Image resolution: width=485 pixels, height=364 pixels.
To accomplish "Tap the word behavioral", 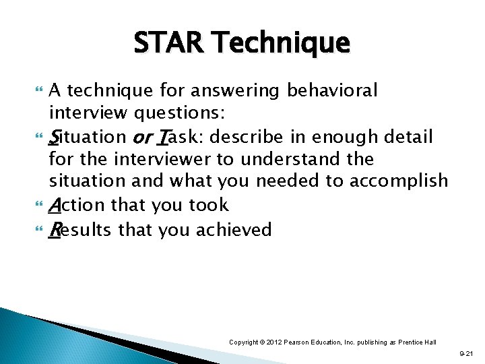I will click(333, 90).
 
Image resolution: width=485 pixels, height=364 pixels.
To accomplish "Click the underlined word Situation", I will click(88, 137).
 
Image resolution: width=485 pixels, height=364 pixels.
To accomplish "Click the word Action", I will click(77, 206).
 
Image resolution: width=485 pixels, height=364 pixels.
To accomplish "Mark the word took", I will click(209, 206).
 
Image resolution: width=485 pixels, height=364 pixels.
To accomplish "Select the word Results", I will click(82, 230).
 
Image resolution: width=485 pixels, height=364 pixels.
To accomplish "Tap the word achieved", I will click(236, 230).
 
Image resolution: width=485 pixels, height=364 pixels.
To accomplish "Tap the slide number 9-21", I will click(465, 353).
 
